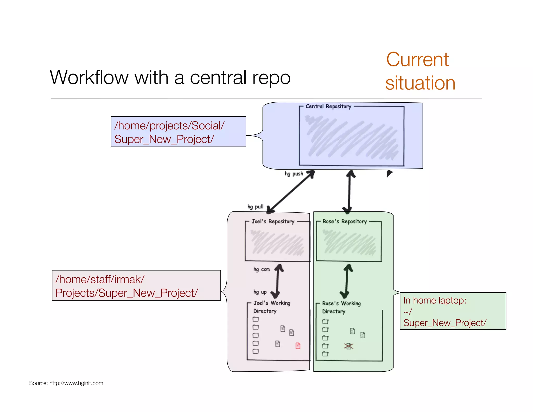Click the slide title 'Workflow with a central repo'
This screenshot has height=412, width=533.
tap(170, 78)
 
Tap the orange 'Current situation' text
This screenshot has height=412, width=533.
tap(420, 71)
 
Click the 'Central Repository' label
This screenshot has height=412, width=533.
tap(328, 106)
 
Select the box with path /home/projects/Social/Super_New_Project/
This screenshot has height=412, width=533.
tap(178, 132)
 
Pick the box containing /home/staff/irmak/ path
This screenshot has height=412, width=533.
tap(136, 285)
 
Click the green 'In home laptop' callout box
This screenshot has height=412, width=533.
tap(453, 311)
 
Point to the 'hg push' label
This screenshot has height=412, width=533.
tap(294, 174)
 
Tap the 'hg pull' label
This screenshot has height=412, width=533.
tap(255, 207)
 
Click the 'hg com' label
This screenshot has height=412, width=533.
tap(262, 269)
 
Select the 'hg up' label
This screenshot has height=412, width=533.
tap(260, 292)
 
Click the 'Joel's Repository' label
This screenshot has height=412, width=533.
tap(273, 221)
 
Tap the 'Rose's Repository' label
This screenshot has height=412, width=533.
tap(344, 221)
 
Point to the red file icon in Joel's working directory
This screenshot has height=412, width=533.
tap(298, 346)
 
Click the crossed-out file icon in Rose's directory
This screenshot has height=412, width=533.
tap(349, 346)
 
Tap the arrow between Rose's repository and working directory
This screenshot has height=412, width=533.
tap(346, 281)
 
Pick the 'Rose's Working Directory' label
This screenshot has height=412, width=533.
tap(341, 307)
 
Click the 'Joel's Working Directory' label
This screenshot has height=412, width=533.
tap(271, 307)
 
